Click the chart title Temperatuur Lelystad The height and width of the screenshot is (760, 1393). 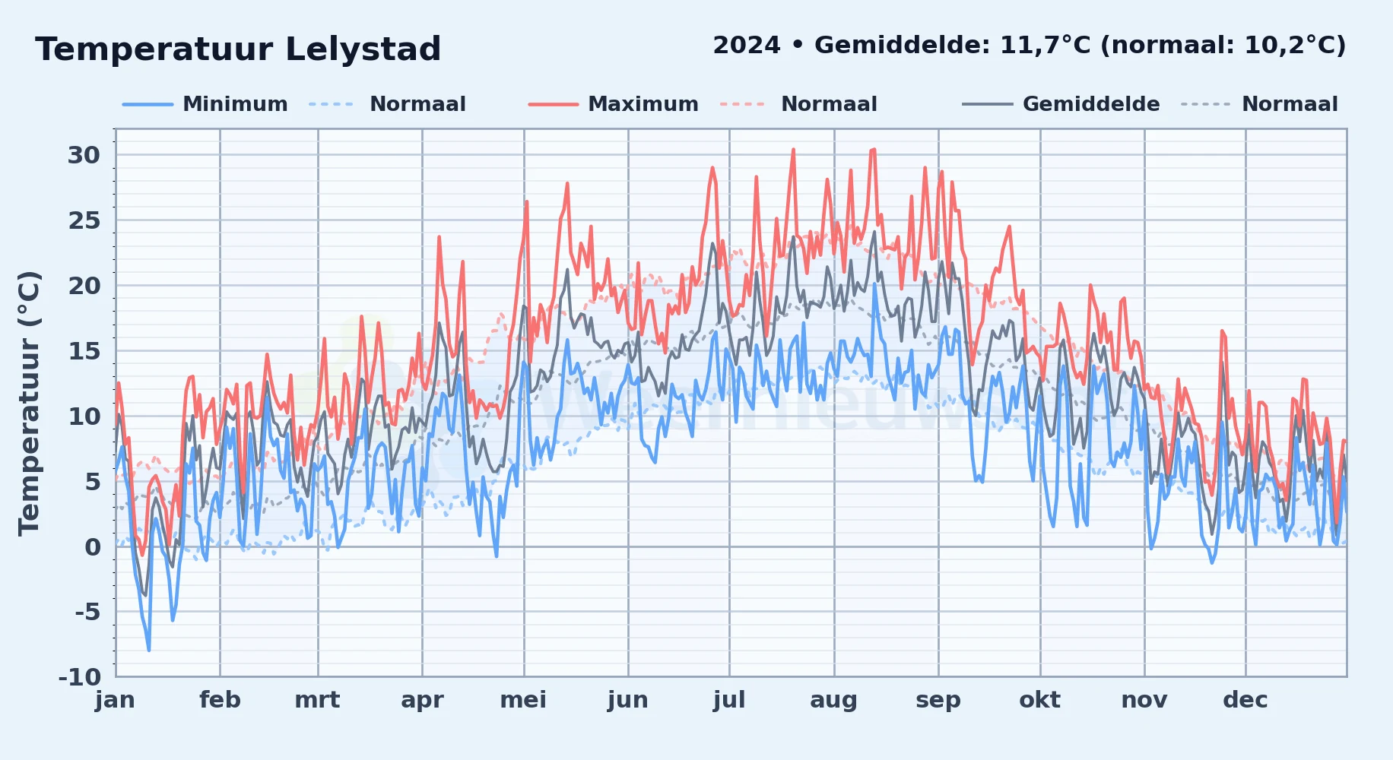click(x=238, y=49)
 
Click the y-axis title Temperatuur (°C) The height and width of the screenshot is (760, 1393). click(x=30, y=404)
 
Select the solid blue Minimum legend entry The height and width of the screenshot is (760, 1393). click(x=205, y=104)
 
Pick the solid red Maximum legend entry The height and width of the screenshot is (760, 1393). click(x=614, y=104)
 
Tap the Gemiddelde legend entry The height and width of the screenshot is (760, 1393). click(x=1061, y=104)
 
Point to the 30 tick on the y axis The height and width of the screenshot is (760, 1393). click(x=84, y=155)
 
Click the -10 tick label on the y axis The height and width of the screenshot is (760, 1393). click(x=80, y=676)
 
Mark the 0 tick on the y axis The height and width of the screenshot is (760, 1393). click(x=93, y=546)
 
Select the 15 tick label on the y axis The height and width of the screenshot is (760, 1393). click(x=84, y=351)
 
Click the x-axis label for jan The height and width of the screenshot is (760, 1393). click(x=115, y=700)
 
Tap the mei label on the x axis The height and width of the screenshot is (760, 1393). click(x=523, y=700)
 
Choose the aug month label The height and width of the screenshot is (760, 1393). click(x=833, y=700)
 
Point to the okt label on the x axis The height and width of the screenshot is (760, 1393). click(x=1039, y=700)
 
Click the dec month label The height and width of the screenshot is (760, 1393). click(x=1245, y=700)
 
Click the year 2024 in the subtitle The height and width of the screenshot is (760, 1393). click(x=747, y=46)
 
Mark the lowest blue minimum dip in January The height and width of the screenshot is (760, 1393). click(x=149, y=650)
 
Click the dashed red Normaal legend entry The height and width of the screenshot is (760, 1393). click(x=798, y=104)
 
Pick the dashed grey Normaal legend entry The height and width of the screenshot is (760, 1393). click(x=1259, y=104)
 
